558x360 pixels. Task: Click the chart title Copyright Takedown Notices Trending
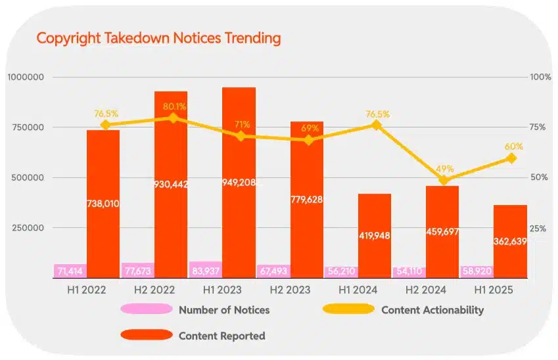pyautogui.click(x=158, y=38)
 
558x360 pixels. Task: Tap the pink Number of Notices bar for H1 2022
pyautogui.click(x=70, y=271)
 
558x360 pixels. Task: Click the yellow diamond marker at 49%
pyautogui.click(x=444, y=180)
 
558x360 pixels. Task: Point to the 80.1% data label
pyautogui.click(x=174, y=106)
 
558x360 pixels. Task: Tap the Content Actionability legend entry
pyautogui.click(x=432, y=309)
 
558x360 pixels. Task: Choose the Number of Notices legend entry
pyautogui.click(x=223, y=309)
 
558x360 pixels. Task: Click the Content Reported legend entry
pyautogui.click(x=221, y=336)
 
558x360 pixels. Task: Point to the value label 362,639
pyautogui.click(x=510, y=241)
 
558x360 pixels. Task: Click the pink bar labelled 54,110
pyautogui.click(x=409, y=271)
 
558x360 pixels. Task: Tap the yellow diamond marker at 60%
pyautogui.click(x=511, y=158)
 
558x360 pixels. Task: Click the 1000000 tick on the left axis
pyautogui.click(x=25, y=77)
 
